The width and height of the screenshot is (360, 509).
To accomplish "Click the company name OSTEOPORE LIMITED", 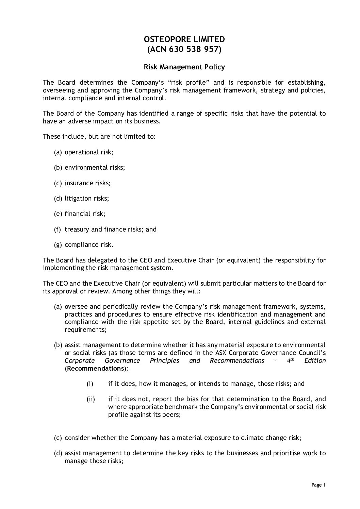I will [x=184, y=39].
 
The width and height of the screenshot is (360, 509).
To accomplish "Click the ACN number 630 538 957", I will [x=192, y=50].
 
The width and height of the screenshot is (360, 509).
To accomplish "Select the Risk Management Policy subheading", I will [x=184, y=67].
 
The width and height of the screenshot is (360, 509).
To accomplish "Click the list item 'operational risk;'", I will [x=89, y=152].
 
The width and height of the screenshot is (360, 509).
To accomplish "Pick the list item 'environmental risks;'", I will [x=95, y=168].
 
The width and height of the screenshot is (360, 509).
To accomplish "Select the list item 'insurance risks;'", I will [x=87, y=183].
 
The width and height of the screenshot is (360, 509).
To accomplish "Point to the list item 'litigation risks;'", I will [x=87, y=198].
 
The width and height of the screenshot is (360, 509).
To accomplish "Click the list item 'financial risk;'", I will [x=85, y=214].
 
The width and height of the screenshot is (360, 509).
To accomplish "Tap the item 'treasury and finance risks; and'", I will [x=110, y=229].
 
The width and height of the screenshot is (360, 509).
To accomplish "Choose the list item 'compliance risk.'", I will [x=89, y=244].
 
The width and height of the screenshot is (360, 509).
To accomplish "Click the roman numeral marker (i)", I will [x=90, y=384].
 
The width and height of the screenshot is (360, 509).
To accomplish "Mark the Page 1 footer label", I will [x=318, y=485].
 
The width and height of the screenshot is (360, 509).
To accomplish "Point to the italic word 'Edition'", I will [x=315, y=360].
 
